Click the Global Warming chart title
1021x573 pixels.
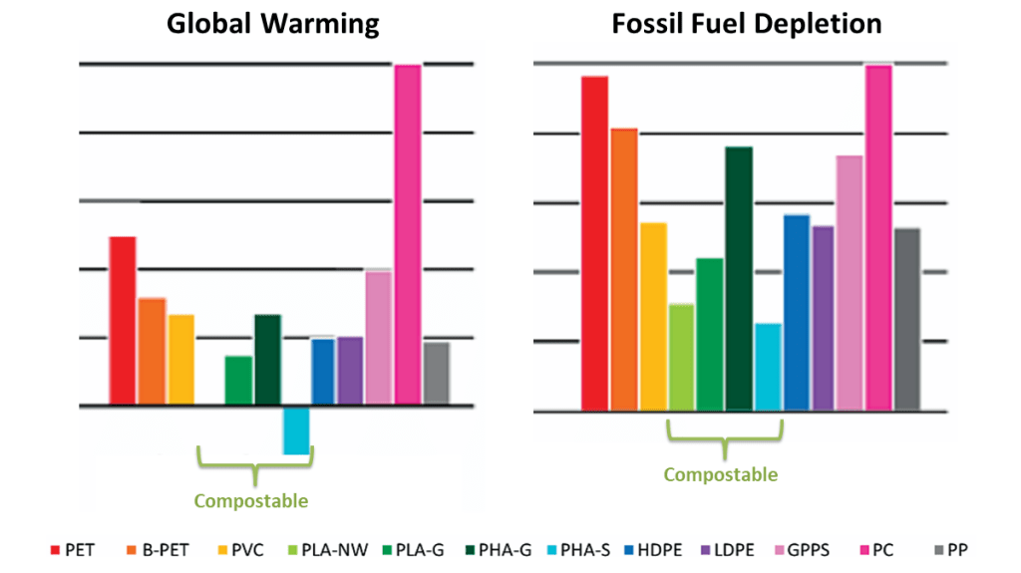click(272, 24)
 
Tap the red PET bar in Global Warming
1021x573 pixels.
click(122, 320)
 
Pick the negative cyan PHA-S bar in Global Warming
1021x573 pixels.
click(296, 430)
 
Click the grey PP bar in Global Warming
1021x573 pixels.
click(437, 373)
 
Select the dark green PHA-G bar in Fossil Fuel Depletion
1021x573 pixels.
click(739, 278)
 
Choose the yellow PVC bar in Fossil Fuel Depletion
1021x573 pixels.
click(653, 316)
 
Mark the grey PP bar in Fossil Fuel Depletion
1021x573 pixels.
click(907, 319)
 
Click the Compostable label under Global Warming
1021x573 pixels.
click(250, 500)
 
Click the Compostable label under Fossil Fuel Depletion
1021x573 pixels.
click(721, 475)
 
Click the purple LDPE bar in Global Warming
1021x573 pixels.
click(350, 371)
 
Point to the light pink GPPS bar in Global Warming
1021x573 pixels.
click(379, 338)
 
